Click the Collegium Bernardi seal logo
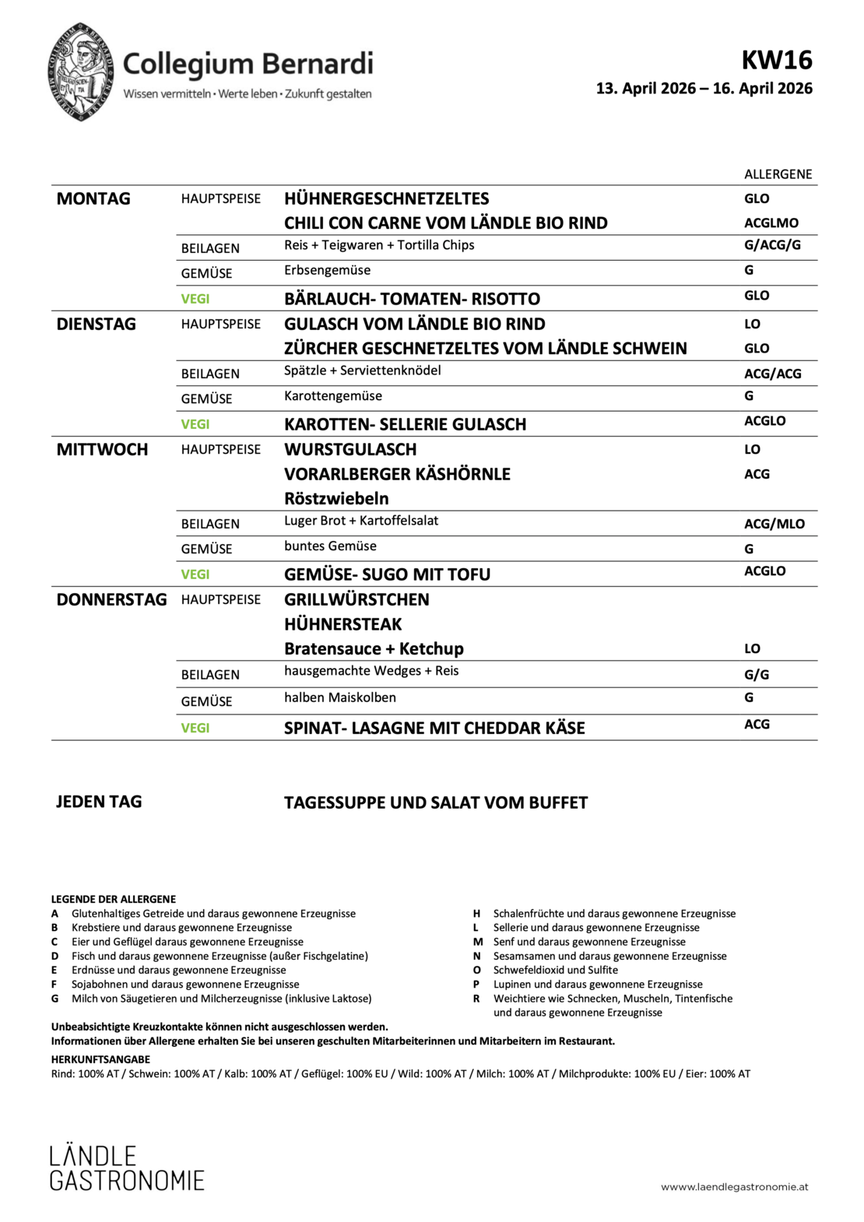pyautogui.click(x=81, y=72)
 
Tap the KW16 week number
pyautogui.click(x=776, y=60)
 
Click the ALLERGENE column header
pyautogui.click(x=778, y=174)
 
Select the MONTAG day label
pyautogui.click(x=93, y=199)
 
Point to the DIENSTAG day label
pyautogui.click(x=96, y=325)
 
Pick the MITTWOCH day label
pyautogui.click(x=102, y=450)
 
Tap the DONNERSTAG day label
pyautogui.click(x=111, y=600)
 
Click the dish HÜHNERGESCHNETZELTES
pyautogui.click(x=387, y=199)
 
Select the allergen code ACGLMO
pyautogui.click(x=771, y=223)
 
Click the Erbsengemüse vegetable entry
pyautogui.click(x=327, y=271)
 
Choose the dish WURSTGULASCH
pyautogui.click(x=350, y=450)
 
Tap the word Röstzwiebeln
pyautogui.click(x=336, y=499)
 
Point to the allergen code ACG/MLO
pyautogui.click(x=774, y=524)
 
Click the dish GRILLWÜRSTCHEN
pyautogui.click(x=356, y=600)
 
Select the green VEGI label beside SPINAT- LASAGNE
pyautogui.click(x=195, y=729)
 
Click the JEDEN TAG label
pyautogui.click(x=99, y=802)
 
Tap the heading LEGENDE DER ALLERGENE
pyautogui.click(x=114, y=899)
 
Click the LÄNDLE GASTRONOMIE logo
pyautogui.click(x=126, y=1168)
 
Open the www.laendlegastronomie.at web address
pyautogui.click(x=734, y=1187)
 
